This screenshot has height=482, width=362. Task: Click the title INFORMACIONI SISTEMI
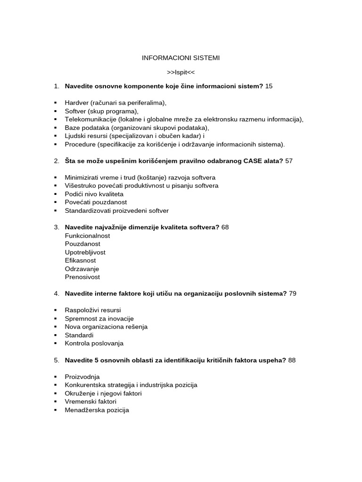181,58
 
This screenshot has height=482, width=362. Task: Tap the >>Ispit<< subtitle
181,72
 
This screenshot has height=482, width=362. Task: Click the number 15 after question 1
269,86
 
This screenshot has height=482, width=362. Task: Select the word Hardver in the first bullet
76,103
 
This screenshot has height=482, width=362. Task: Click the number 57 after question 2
289,161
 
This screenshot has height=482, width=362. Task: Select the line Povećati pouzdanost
96,202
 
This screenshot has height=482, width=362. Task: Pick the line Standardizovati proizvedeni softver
116,210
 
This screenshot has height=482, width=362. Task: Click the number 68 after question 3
225,227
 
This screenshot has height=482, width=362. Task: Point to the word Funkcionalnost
87,235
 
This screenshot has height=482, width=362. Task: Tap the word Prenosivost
82,277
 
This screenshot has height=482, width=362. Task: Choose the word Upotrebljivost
85,252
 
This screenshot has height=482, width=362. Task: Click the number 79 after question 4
292,294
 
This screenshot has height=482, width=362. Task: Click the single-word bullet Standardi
79,335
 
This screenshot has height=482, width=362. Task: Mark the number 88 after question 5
292,361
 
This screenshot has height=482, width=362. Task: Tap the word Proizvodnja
82,377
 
